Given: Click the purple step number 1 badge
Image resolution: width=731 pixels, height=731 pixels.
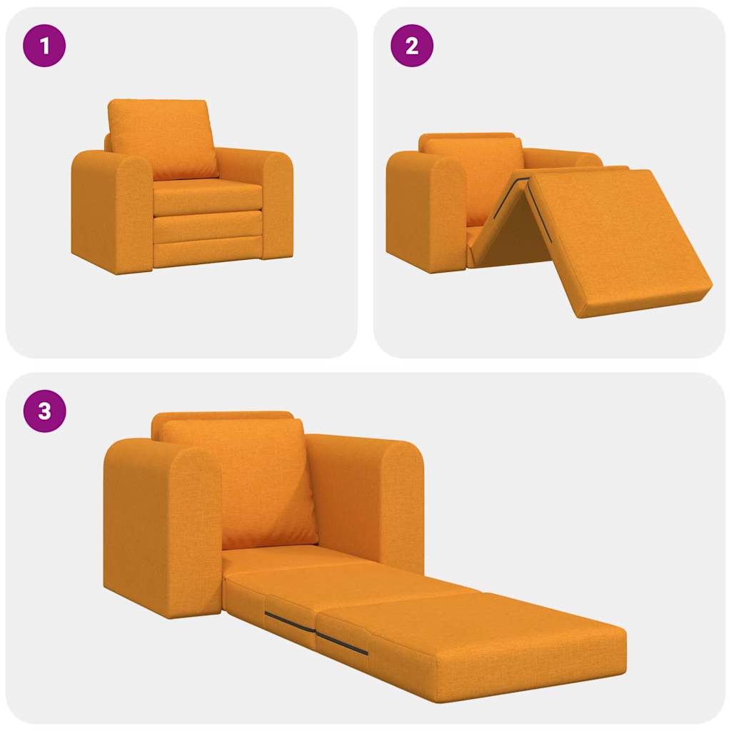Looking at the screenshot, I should pyautogui.click(x=44, y=46).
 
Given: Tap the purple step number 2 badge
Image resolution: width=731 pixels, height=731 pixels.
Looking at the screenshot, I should pyautogui.click(x=412, y=46).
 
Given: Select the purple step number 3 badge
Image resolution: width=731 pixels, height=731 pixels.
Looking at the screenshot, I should pyautogui.click(x=44, y=411).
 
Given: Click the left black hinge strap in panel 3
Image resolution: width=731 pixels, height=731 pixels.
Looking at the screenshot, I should pyautogui.click(x=289, y=622).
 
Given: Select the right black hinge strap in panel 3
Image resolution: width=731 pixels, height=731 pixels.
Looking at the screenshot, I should pyautogui.click(x=343, y=642).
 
